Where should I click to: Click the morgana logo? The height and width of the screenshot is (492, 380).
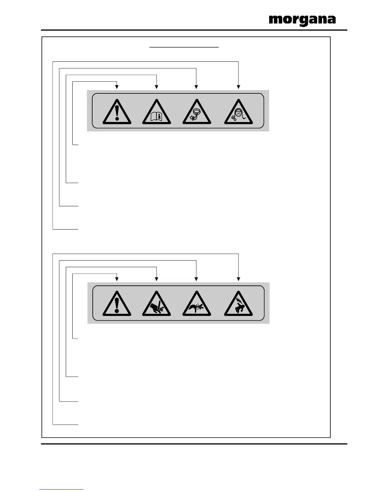(302, 20)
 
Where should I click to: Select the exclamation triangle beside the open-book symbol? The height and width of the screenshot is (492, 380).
(117, 112)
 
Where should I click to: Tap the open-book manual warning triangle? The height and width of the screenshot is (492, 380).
(156, 112)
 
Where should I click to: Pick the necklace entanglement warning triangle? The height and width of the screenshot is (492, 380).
(197, 112)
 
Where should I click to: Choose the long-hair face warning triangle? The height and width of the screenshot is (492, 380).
(238, 112)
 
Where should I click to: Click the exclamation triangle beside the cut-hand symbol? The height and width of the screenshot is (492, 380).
(117, 304)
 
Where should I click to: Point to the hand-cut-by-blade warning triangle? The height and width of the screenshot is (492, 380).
(156, 304)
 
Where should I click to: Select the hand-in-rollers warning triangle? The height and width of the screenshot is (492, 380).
(197, 304)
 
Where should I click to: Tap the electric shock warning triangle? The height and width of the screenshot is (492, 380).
(238, 304)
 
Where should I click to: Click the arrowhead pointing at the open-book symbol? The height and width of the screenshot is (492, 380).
(156, 87)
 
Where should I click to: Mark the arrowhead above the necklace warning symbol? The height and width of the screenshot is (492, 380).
(197, 87)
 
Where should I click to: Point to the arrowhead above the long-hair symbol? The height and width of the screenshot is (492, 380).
(238, 87)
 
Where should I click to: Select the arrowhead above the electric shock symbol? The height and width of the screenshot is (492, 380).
(238, 279)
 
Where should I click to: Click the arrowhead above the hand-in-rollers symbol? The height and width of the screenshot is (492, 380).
(197, 279)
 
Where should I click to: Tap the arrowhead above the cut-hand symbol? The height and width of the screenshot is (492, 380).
(156, 279)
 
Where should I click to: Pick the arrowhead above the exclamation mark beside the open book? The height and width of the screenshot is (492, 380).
(117, 87)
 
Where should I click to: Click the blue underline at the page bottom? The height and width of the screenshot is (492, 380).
(61, 490)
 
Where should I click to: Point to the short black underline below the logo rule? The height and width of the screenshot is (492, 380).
(184, 48)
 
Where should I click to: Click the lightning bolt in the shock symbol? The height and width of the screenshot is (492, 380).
(237, 300)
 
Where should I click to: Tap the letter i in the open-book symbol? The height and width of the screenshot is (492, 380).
(160, 117)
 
